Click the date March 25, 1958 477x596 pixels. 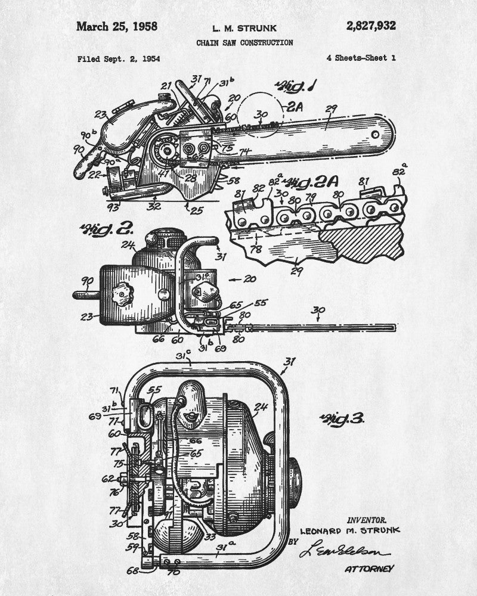(117, 26)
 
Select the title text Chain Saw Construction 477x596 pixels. (244, 43)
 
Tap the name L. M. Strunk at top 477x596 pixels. (244, 28)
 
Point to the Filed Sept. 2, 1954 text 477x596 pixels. (119, 59)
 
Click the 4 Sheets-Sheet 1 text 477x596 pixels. (361, 58)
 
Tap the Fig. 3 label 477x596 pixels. (342, 420)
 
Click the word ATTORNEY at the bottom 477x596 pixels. (369, 569)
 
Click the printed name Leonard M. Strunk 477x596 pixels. (350, 530)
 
